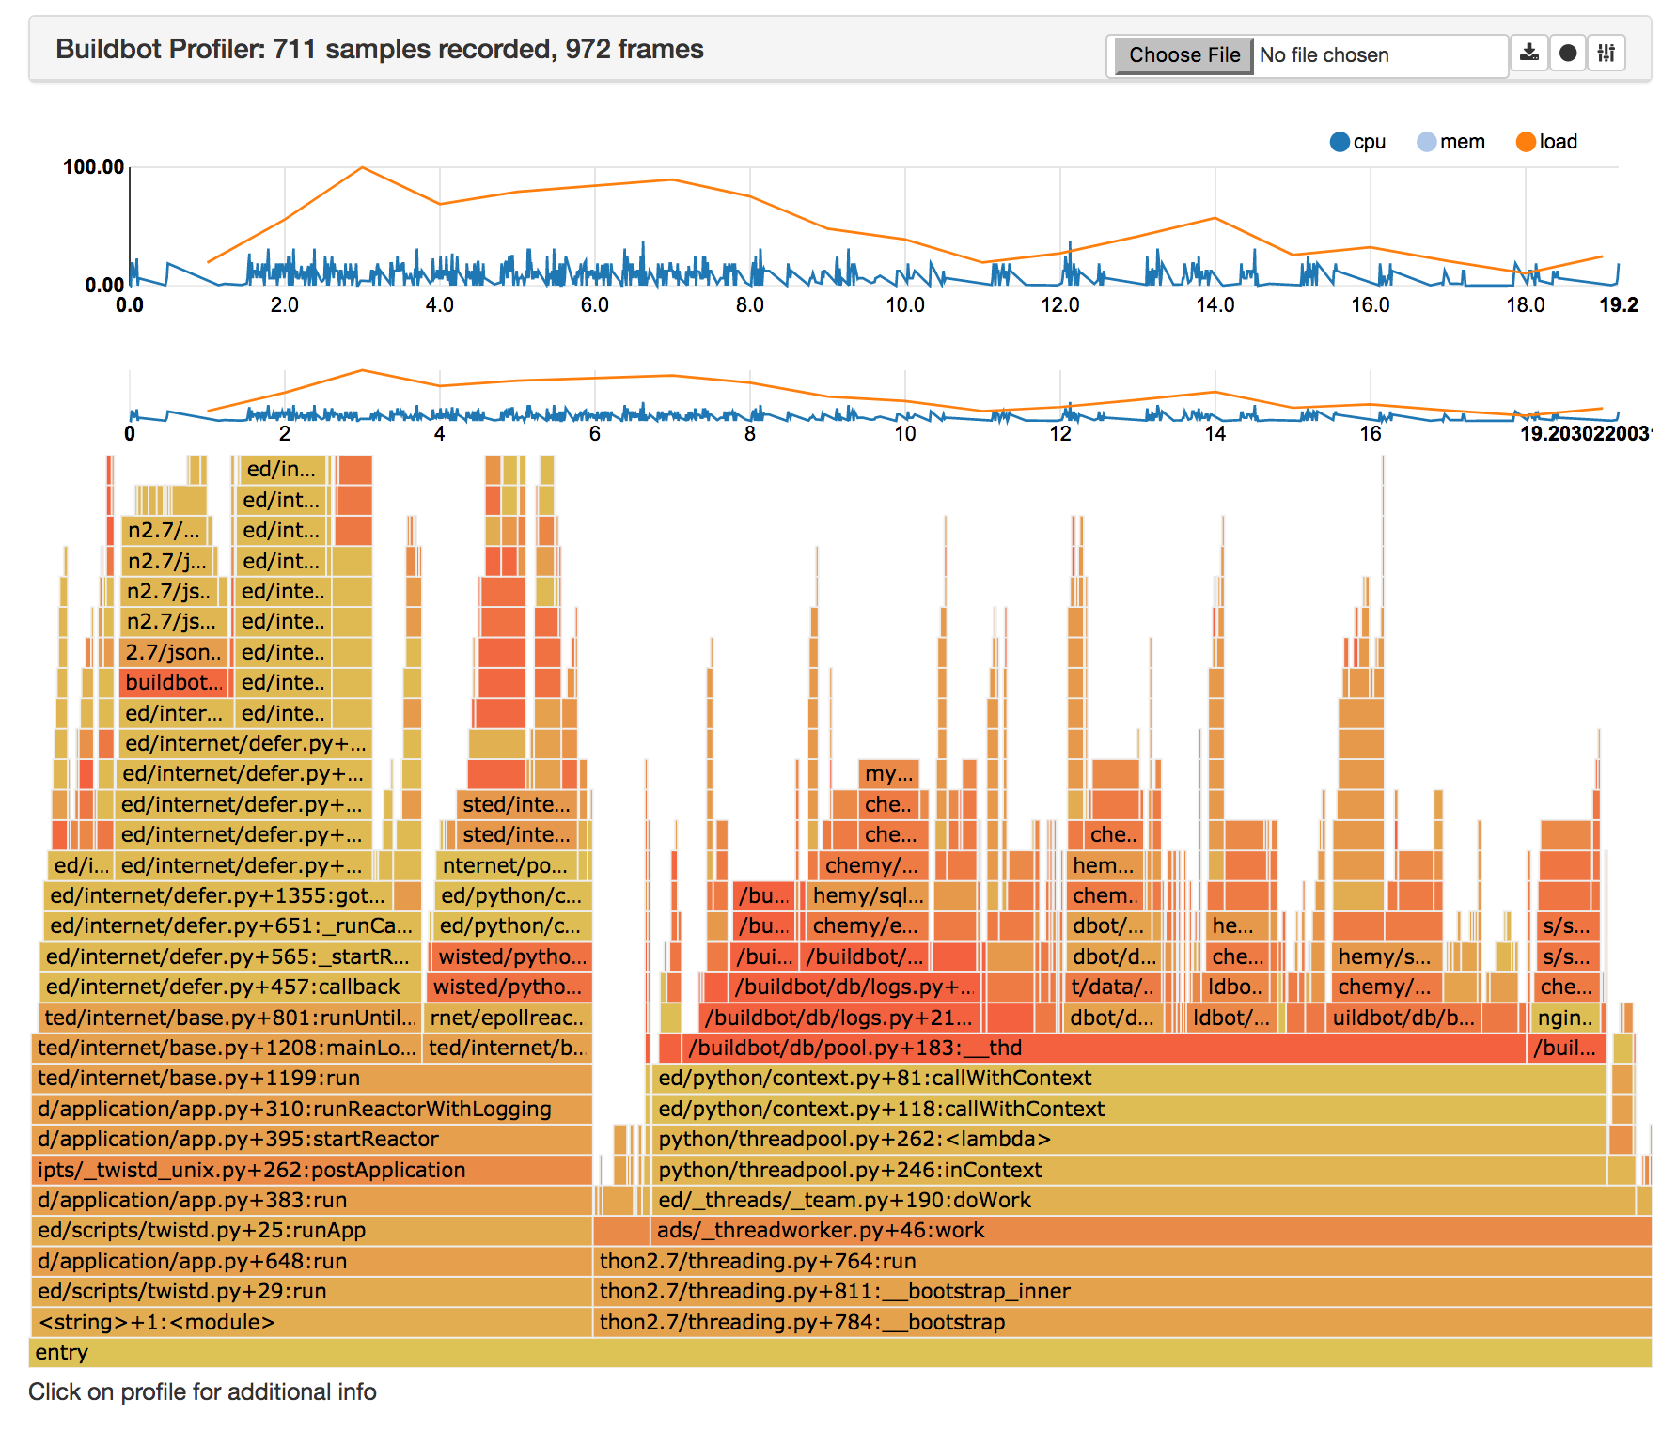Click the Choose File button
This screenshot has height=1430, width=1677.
click(1183, 55)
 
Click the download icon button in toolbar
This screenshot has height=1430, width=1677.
click(1529, 54)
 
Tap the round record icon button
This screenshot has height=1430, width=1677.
click(1568, 54)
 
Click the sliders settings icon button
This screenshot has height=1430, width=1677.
click(1606, 54)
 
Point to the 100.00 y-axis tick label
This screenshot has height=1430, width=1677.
click(93, 167)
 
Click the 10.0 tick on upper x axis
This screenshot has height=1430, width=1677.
click(905, 305)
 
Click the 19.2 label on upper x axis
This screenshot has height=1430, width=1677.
click(1618, 305)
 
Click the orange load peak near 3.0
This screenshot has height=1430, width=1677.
click(363, 168)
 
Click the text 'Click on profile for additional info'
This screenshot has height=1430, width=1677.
click(202, 1391)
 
